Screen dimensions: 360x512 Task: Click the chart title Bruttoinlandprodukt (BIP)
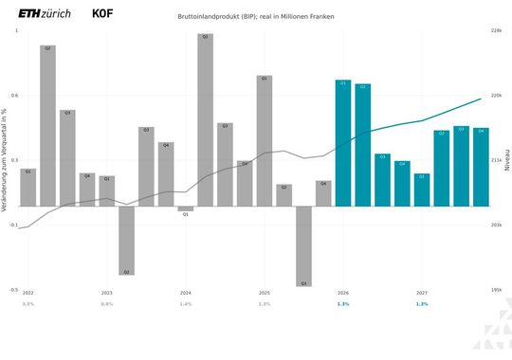255,17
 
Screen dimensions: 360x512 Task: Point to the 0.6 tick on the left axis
14,96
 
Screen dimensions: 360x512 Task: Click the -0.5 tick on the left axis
13,290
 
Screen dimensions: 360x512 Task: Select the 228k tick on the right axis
495,31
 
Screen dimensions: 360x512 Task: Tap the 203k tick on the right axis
495,225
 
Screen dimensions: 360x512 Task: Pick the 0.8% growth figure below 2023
106,304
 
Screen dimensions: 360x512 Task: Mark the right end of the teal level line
481,99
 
